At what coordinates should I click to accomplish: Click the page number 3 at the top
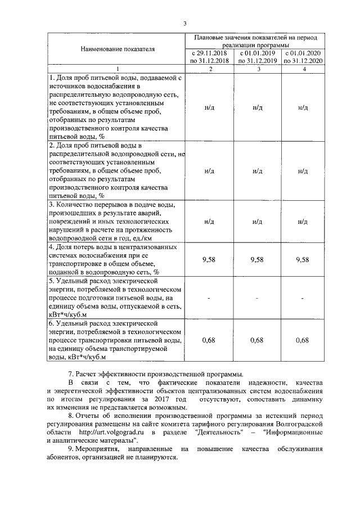point(184,23)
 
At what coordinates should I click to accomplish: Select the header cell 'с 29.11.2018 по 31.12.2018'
point(210,57)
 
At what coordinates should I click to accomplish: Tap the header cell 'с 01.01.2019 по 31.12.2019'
point(258,57)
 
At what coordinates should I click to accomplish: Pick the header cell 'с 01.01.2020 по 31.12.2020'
point(304,57)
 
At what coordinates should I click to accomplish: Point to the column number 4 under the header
point(304,69)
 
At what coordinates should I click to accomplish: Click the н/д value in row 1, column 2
point(210,107)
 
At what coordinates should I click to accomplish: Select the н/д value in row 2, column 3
point(258,170)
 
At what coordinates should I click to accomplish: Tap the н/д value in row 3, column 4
point(304,222)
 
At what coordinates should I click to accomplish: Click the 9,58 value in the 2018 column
point(210,260)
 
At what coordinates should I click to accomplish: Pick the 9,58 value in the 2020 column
point(304,260)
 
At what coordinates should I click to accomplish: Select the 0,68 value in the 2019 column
point(258,340)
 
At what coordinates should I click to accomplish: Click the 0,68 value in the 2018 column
point(210,340)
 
